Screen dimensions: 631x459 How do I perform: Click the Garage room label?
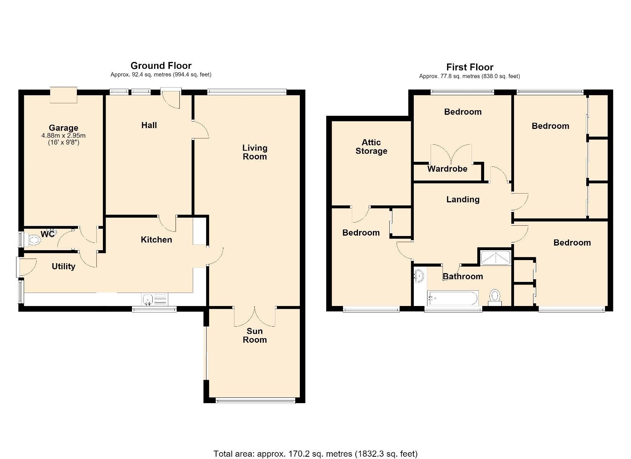[63, 128]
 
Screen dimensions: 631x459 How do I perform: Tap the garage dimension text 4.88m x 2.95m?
[63, 135]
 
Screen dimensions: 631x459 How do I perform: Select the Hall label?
[149, 125]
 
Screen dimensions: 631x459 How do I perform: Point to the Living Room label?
[255, 152]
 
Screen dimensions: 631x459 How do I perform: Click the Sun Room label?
[255, 335]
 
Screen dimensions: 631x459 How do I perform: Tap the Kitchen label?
[156, 239]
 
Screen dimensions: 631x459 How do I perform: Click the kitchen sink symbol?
[155, 299]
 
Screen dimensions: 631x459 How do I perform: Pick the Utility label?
[63, 267]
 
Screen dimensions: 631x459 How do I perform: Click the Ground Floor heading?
[161, 66]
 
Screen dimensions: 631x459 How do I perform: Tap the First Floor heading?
[470, 67]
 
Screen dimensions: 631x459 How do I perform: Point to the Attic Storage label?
[371, 146]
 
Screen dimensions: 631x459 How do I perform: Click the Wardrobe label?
[447, 169]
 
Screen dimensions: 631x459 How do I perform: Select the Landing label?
[463, 200]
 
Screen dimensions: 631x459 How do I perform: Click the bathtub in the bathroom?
[452, 298]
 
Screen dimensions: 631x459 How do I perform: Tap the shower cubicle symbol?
[495, 258]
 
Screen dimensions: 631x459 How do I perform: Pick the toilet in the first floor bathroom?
[494, 298]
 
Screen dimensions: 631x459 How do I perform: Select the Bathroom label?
[463, 277]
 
